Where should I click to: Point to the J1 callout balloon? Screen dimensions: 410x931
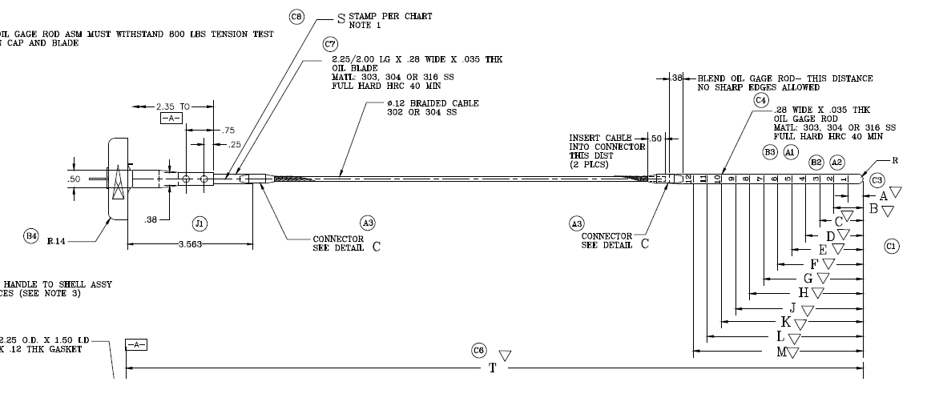tap(199, 222)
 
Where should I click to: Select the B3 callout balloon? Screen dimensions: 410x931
tap(769, 151)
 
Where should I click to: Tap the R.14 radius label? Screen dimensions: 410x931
tap(57, 240)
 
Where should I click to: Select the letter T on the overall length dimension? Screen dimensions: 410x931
tap(493, 368)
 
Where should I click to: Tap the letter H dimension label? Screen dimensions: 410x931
tap(804, 293)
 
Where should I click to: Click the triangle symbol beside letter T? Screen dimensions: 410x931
tap(505, 356)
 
